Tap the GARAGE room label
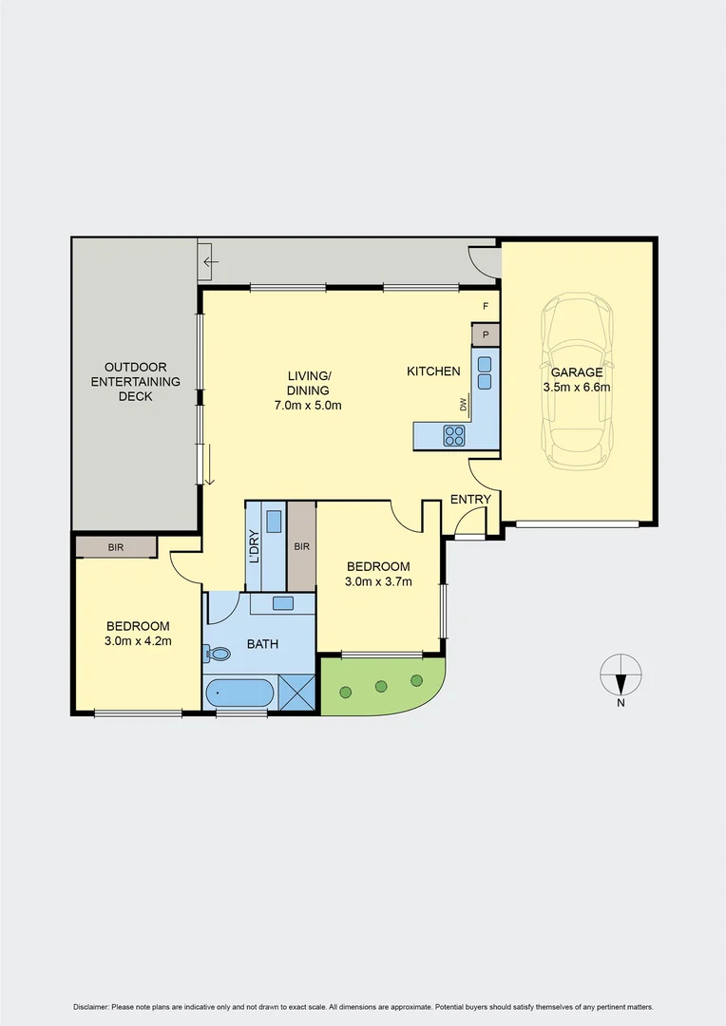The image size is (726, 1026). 577,372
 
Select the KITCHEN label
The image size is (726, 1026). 433,371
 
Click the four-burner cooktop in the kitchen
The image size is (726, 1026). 454,436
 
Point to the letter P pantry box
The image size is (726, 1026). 486,334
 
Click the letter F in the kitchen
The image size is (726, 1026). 486,306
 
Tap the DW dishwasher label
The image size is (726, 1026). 464,406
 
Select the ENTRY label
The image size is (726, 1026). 470,500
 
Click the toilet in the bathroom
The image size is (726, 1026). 218,654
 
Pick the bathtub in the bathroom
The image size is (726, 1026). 239,693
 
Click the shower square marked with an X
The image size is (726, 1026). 296,693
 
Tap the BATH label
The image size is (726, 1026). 262,644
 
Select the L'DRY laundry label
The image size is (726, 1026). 254,546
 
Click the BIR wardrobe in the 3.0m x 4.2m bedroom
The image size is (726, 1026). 116,547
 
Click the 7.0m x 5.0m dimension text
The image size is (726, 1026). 309,405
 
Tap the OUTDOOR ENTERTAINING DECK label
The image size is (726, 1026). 136,381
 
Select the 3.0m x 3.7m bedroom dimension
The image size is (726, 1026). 378,582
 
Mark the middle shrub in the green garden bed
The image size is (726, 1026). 381,685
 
